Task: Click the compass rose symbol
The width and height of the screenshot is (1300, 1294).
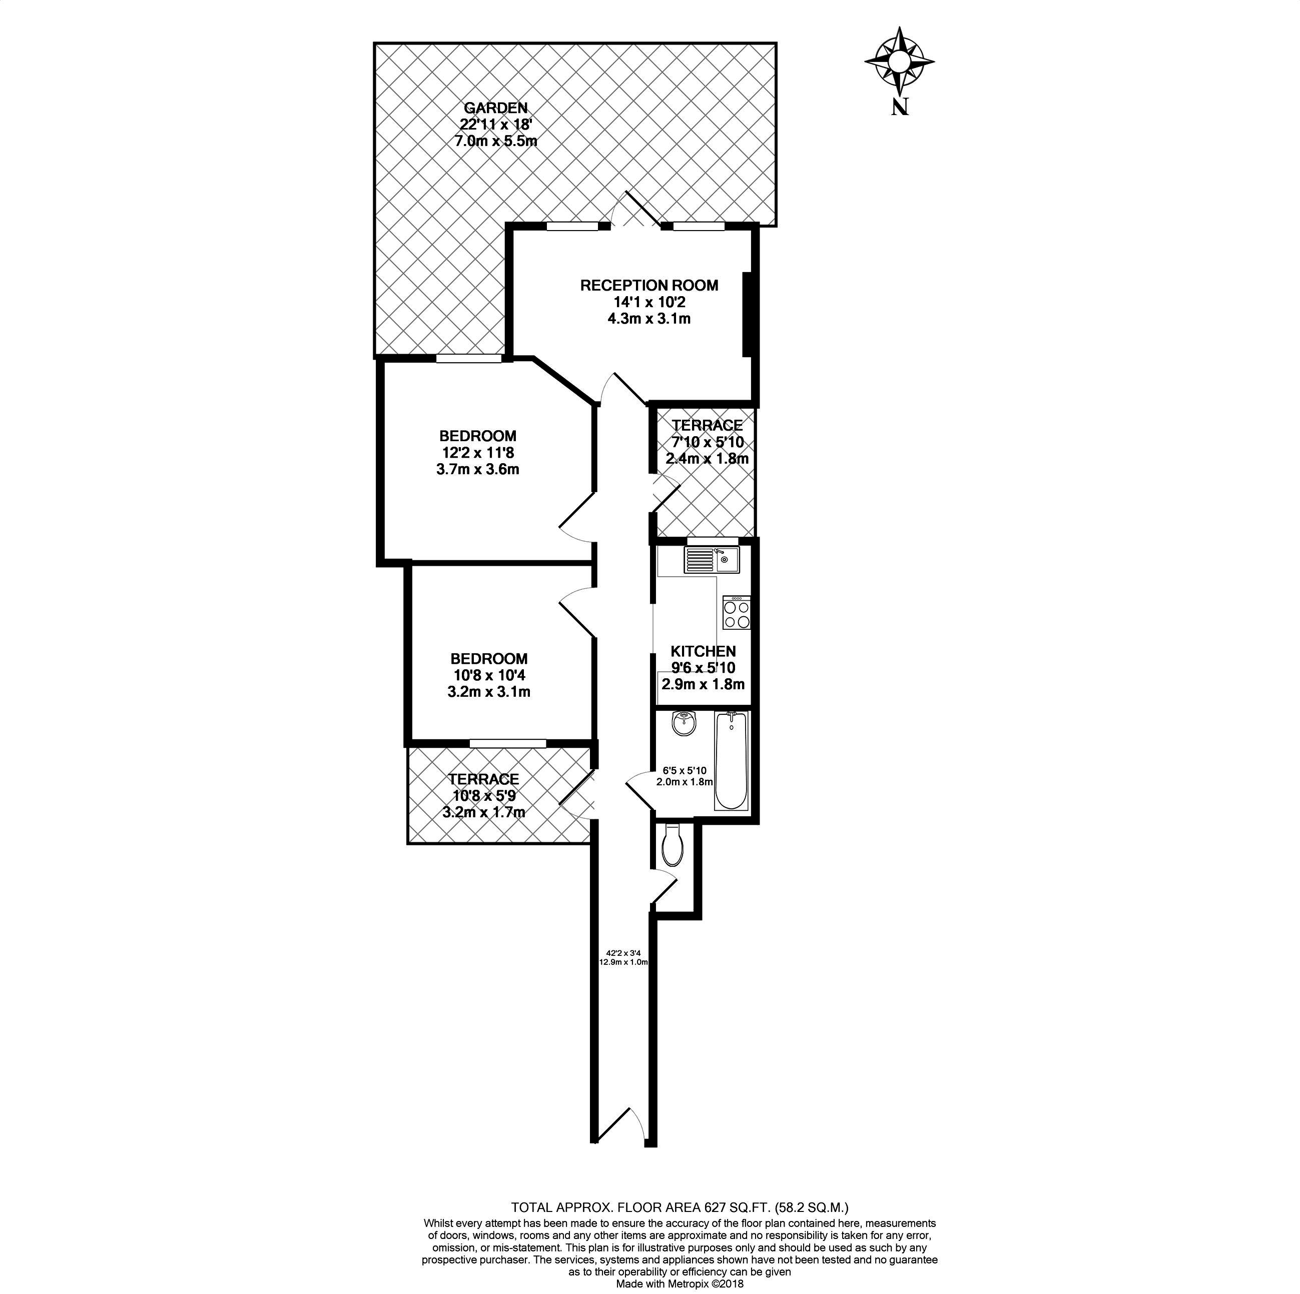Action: (899, 61)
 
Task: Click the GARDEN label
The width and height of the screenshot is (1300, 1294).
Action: (496, 108)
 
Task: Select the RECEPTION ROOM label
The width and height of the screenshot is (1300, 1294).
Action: (649, 285)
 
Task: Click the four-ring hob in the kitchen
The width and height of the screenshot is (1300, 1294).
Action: (736, 613)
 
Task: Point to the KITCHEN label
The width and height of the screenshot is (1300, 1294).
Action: (703, 651)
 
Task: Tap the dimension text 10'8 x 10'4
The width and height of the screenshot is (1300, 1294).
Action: (489, 675)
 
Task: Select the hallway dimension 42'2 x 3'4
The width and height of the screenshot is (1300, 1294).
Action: (623, 953)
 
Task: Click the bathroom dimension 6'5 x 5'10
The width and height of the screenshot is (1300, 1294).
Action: (685, 771)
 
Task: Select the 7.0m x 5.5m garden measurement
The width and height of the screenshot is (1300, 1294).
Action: (496, 141)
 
